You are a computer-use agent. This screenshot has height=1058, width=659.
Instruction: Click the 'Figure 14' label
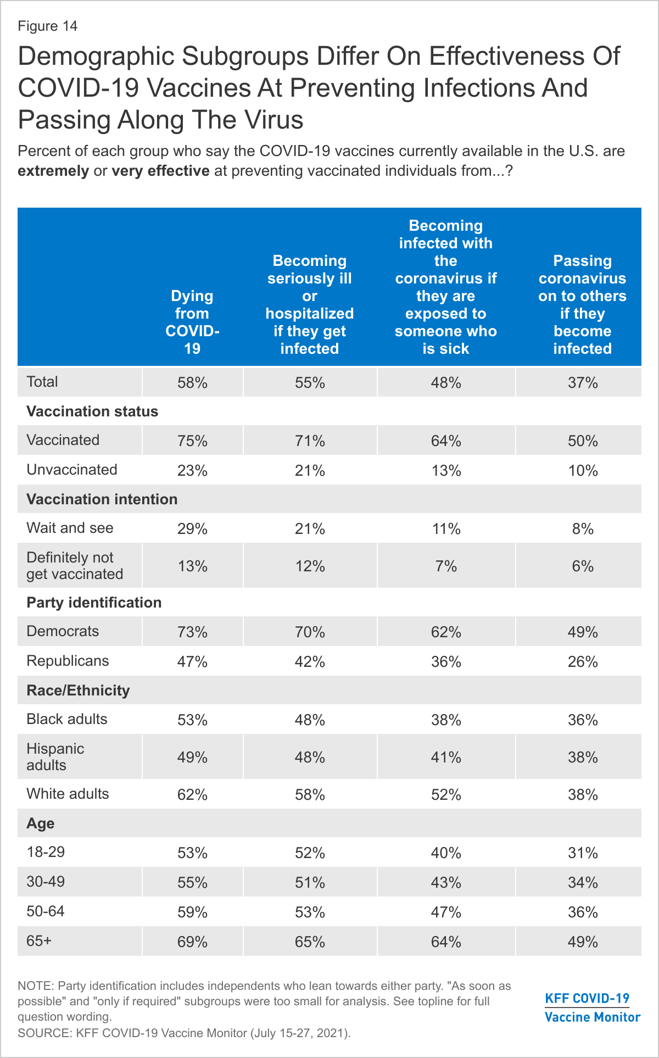pos(48,26)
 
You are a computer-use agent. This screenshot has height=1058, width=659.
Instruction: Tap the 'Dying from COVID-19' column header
pos(192,322)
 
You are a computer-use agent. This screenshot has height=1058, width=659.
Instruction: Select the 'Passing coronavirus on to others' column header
pos(582,304)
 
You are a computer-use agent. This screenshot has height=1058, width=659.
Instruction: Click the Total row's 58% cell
pos(192,383)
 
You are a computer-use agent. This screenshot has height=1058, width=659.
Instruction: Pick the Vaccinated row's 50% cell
pos(583,441)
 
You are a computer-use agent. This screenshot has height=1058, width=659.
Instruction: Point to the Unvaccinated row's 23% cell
pos(192,471)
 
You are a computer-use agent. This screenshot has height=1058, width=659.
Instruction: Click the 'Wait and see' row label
pos(70,528)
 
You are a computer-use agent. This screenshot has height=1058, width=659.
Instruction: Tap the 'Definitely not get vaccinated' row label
pos(75,565)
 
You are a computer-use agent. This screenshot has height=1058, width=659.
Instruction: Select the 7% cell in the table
pos(446,566)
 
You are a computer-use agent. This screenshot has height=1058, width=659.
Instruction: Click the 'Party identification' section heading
pos(94,603)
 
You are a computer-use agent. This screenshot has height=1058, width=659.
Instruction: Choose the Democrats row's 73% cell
pos(192,632)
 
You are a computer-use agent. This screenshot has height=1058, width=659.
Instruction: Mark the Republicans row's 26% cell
pos(583,662)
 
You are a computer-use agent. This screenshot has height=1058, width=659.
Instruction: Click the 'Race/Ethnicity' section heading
pos(78,691)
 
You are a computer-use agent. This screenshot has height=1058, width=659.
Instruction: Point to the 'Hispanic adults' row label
pos(55,756)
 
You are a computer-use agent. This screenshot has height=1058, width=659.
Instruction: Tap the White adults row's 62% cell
pos(192,795)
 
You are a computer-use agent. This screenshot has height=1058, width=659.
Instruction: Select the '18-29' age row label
pos(46,852)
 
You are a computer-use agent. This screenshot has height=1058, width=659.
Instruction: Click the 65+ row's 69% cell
pos(192,942)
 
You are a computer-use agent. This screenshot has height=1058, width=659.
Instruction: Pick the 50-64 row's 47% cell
pos(446,912)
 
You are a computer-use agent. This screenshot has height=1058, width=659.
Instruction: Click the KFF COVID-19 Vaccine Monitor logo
pos(592,1007)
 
